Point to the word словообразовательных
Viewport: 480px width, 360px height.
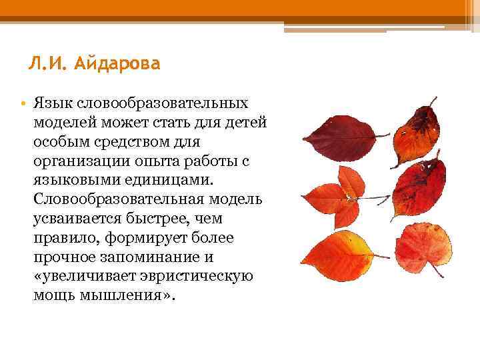(x=163, y=104)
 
